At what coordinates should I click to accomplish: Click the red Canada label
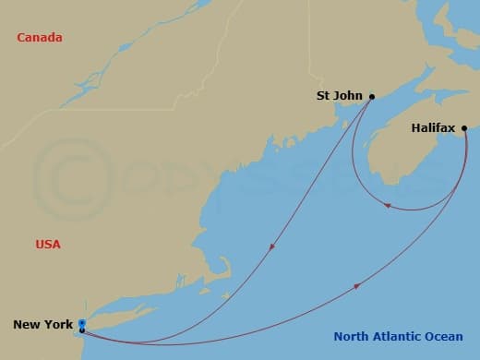pos(40,38)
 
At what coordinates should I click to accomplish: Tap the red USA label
pos(48,245)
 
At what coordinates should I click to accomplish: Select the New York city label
pos(42,325)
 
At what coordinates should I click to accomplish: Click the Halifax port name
pos(433,128)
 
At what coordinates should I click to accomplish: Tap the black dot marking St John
pos(372,96)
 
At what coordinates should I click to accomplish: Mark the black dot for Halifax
pos(464,128)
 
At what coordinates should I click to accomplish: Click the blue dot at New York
pos(82,323)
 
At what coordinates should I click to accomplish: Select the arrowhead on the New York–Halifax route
pos(357,288)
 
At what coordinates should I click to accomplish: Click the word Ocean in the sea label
pos(444,337)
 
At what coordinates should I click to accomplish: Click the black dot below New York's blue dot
pos(82,330)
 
